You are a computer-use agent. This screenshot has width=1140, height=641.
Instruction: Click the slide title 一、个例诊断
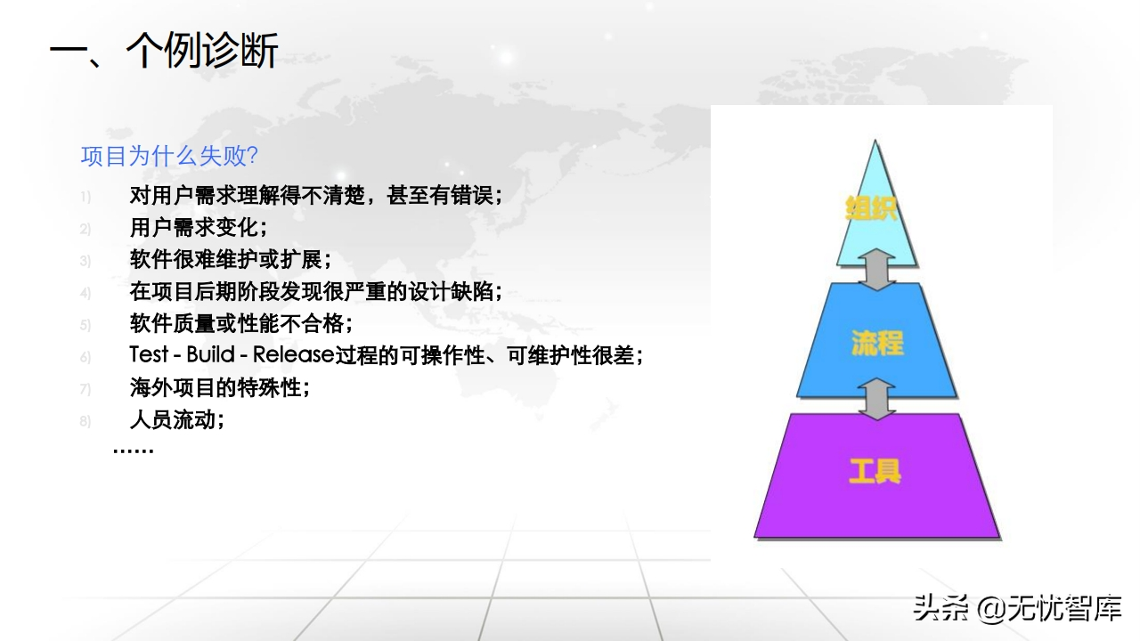tap(164, 51)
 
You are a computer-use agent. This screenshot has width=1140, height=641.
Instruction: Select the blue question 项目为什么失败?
tap(169, 156)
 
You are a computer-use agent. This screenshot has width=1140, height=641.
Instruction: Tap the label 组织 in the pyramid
tap(871, 208)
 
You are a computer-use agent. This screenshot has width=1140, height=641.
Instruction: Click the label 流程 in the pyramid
tap(877, 343)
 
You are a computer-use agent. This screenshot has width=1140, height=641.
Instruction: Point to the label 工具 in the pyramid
tap(875, 471)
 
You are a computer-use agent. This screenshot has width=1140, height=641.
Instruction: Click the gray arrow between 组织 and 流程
tap(876, 270)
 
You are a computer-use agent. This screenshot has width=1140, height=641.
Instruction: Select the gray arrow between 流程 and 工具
tap(876, 400)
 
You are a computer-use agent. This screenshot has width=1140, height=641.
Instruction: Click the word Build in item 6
tap(211, 354)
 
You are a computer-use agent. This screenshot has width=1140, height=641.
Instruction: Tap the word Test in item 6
tap(149, 354)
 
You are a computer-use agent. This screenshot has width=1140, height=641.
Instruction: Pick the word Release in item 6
tap(294, 354)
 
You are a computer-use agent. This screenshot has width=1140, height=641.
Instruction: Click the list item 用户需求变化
tap(193, 227)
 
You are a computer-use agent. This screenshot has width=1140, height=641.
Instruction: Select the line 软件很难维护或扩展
tap(225, 259)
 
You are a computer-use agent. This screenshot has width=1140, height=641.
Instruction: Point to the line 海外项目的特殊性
tap(215, 387)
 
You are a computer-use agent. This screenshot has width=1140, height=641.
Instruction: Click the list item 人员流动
tap(172, 419)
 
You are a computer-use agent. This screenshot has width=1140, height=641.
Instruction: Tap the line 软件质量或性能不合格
tap(236, 323)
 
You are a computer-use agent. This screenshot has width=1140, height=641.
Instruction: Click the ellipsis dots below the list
tap(133, 450)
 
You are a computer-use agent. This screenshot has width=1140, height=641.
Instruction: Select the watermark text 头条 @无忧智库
tap(1018, 608)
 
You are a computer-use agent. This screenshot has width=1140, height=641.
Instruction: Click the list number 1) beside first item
tap(85, 197)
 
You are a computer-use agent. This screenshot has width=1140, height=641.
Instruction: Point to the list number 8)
tap(85, 421)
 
